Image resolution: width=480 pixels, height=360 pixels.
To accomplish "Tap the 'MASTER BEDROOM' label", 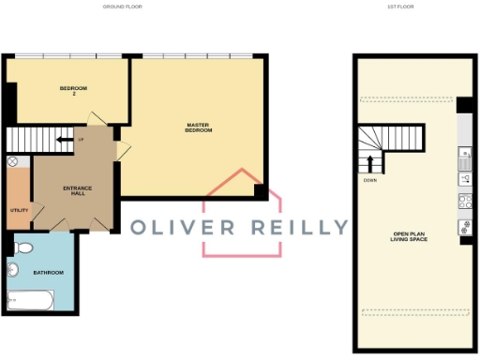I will click(x=199, y=127).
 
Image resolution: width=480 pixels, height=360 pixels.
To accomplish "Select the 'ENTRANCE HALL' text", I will click(x=77, y=191).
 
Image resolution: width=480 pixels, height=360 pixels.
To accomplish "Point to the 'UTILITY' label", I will click(x=19, y=210).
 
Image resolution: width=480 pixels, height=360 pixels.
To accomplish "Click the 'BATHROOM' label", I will click(x=48, y=273).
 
